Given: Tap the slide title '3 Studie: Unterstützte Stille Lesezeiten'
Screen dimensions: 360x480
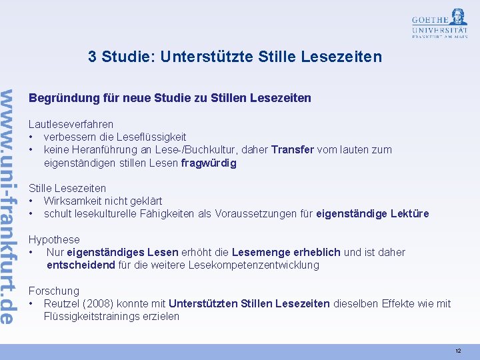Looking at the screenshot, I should pyautogui.click(x=235, y=57).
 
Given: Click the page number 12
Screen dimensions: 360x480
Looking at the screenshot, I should pyautogui.click(x=458, y=351).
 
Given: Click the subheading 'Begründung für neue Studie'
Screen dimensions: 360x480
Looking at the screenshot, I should pyautogui.click(x=169, y=98).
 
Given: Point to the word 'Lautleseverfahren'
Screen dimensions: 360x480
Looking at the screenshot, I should pyautogui.click(x=71, y=124).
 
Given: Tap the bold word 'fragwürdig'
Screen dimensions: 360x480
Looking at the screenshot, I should pyautogui.click(x=209, y=163).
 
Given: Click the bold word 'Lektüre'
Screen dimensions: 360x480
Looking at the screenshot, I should pyautogui.click(x=409, y=213).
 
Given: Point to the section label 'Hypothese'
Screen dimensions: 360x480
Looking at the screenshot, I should pyautogui.click(x=54, y=239).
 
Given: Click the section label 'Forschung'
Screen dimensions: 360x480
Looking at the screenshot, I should pyautogui.click(x=53, y=291).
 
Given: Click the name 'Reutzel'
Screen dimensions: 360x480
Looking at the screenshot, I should pyautogui.click(x=62, y=303).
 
